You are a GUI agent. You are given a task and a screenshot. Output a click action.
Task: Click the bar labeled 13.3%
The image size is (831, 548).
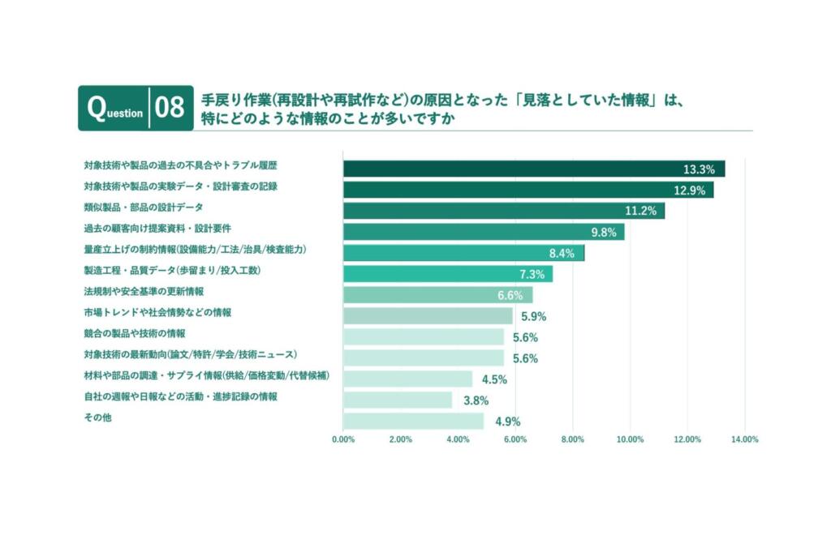coord(533,169)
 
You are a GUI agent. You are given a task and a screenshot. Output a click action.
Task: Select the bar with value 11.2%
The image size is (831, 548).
coord(503,211)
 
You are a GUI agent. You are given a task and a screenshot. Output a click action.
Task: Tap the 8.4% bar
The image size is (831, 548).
coord(463,253)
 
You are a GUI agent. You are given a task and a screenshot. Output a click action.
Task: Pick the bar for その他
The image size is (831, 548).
coord(413,421)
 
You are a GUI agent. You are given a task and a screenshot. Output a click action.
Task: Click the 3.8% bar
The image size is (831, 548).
coord(398,400)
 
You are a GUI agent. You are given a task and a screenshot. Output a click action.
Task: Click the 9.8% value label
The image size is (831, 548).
coord(605,232)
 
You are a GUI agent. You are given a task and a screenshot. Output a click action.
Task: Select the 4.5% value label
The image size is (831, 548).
coord(494,379)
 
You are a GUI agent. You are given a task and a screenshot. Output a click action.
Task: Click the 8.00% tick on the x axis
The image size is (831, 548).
coord(573,439)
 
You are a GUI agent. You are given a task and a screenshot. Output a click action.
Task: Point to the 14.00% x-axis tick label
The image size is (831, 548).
coord(744,439)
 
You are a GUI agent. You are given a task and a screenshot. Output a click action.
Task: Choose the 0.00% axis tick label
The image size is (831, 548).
coord(343,439)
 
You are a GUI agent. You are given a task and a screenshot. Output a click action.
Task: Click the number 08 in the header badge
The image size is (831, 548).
coord(170,109)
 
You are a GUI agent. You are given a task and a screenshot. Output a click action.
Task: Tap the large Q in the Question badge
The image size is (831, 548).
coord(96,108)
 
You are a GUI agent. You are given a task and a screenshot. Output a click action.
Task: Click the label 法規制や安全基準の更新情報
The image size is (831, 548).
coord(144,291)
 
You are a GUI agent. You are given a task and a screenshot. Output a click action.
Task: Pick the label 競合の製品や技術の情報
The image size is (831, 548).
coord(135,333)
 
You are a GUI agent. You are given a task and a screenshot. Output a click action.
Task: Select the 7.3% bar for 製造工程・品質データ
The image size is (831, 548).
coord(447,274)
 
